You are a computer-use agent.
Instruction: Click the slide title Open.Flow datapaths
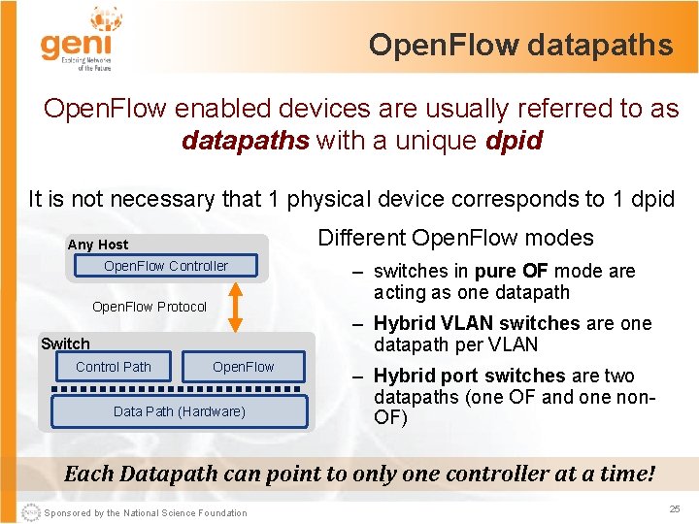click(x=520, y=45)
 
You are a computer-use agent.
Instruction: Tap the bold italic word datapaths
click(x=245, y=142)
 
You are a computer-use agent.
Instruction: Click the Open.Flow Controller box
click(x=166, y=266)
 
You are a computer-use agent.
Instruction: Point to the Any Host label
click(x=98, y=245)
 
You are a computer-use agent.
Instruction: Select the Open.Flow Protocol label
click(x=150, y=307)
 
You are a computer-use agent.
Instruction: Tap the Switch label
click(x=65, y=344)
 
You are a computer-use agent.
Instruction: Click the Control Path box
click(x=114, y=367)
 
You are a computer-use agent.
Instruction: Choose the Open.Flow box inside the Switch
click(x=243, y=367)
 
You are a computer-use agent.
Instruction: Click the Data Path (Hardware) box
click(x=179, y=411)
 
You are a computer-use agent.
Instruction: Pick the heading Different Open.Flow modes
click(x=455, y=238)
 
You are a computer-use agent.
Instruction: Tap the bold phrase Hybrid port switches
click(x=469, y=377)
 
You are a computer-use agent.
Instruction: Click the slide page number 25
click(x=674, y=509)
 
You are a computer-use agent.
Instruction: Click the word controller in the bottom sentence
click(x=505, y=475)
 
